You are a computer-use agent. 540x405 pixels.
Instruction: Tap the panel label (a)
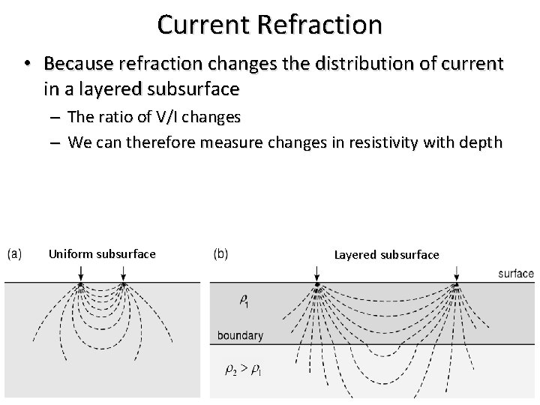tap(15, 253)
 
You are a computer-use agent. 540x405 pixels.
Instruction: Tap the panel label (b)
tap(222, 253)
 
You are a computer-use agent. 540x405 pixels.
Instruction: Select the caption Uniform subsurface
tap(102, 254)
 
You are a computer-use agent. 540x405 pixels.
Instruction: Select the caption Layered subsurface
tap(386, 255)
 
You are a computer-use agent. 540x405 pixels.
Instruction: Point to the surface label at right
tap(516, 274)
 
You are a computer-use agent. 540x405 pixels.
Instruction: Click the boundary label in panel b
tap(240, 335)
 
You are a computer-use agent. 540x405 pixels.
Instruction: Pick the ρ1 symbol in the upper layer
tap(244, 301)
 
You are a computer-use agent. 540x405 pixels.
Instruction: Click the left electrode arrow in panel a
tap(81, 277)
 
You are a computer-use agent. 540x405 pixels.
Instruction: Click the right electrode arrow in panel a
tap(123, 277)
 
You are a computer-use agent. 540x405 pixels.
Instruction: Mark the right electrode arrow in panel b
tap(456, 279)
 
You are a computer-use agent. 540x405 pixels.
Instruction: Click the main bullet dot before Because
tap(27, 64)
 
